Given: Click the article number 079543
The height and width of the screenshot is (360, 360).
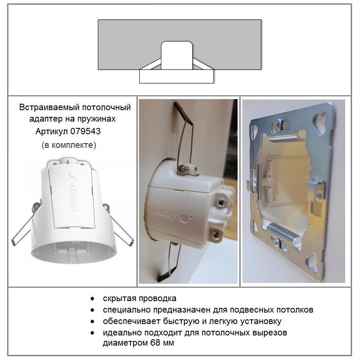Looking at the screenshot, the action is tap(86, 131).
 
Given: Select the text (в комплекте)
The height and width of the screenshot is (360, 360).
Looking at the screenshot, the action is tap(69, 145).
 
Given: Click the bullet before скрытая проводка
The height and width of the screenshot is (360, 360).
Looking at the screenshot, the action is tap(92, 299).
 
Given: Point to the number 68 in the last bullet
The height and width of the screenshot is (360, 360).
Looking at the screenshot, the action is tap(155, 343).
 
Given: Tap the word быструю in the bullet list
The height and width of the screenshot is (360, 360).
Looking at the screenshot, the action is tap(181, 321).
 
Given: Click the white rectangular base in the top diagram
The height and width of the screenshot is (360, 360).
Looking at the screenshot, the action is tap(177, 77).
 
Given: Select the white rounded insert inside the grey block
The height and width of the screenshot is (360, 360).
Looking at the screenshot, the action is tap(177, 55).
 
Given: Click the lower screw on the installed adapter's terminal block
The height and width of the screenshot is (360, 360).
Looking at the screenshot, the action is tap(216, 234).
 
